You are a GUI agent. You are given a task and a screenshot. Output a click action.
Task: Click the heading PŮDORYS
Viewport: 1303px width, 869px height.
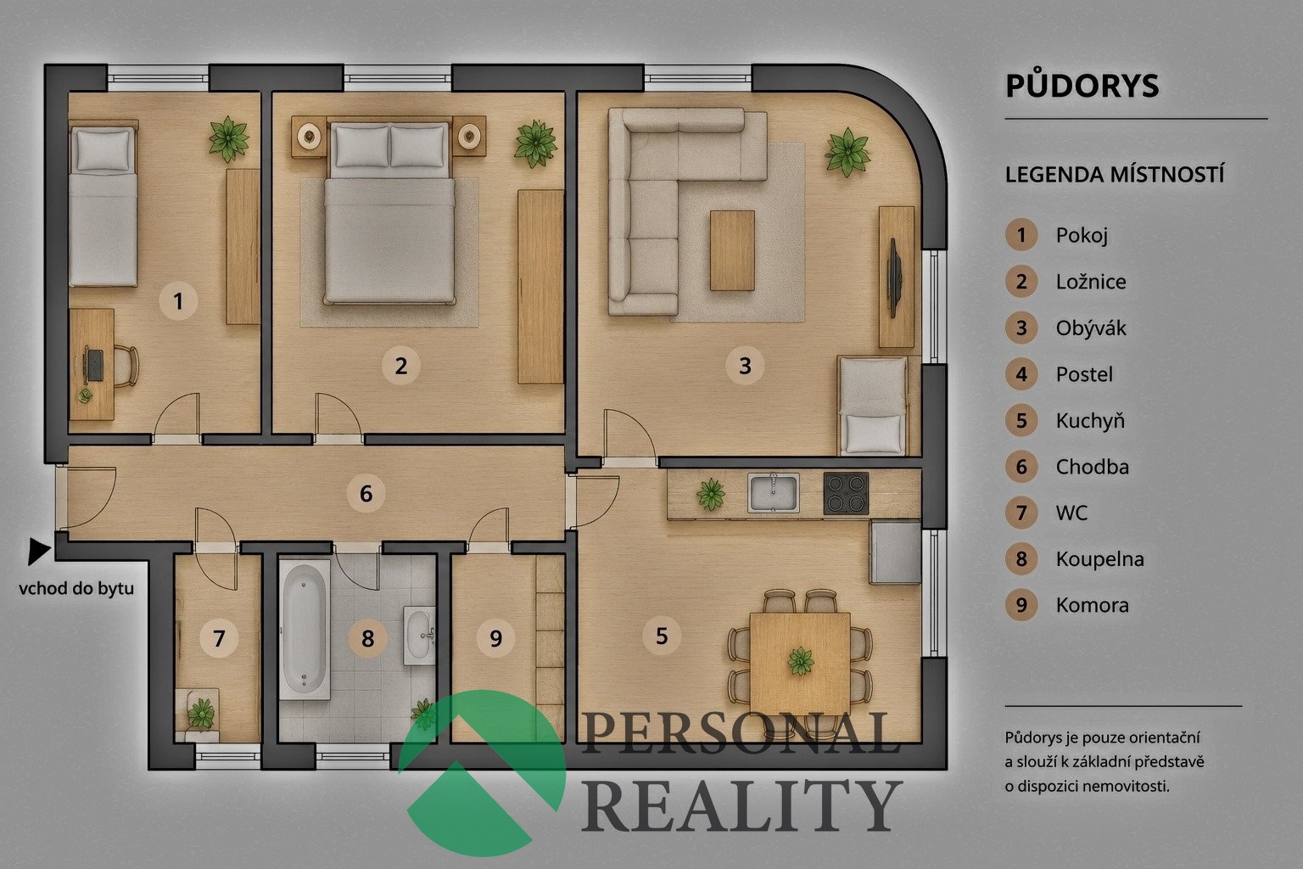1082,86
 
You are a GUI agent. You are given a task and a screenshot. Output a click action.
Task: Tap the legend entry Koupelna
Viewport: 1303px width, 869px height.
1099,558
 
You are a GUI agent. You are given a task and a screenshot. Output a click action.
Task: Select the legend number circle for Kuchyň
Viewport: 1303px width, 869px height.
1021,420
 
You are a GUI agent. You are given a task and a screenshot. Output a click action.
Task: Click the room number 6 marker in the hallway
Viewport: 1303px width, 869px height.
366,494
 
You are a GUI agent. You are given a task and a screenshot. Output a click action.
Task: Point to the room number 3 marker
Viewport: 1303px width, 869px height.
745,366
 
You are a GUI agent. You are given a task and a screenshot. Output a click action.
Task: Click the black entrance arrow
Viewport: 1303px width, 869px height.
39,551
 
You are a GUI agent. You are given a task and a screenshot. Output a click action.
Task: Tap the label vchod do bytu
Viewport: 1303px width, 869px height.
76,588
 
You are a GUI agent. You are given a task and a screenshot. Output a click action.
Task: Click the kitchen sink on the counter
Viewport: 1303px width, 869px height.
773,493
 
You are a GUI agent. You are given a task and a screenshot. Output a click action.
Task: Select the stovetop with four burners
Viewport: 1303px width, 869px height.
846,493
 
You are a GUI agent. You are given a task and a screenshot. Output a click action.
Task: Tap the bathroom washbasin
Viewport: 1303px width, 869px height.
419,635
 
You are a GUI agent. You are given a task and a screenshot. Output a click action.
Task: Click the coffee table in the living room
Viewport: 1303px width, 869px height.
732,250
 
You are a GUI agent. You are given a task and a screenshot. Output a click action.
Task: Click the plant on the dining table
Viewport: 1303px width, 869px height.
801,661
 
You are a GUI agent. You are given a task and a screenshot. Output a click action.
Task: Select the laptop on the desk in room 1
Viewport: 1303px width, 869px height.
93,365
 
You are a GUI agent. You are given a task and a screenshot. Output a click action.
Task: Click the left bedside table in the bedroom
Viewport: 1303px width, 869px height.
309,137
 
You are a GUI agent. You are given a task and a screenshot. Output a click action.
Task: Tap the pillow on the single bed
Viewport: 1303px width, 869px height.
103,149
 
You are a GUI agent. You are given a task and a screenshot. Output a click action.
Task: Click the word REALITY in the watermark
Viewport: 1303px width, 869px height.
741,805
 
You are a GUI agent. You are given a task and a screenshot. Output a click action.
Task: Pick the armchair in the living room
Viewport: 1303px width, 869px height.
873,406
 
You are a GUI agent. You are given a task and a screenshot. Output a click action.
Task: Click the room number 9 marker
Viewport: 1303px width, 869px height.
495,638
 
